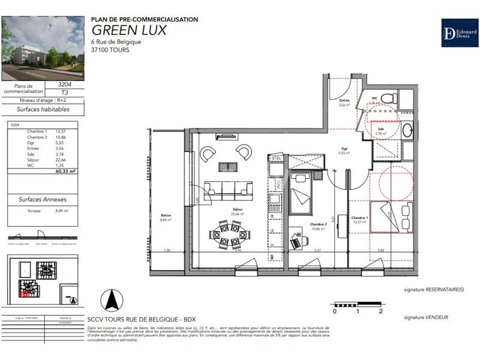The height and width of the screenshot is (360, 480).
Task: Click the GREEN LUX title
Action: [128, 30]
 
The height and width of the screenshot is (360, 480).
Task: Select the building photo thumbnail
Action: [43, 48]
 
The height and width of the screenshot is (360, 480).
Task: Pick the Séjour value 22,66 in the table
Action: [60, 160]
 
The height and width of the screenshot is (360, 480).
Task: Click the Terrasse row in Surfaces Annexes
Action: [42, 211]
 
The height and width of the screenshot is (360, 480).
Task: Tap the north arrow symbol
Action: [110, 296]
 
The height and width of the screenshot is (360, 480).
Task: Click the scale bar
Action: [358, 305]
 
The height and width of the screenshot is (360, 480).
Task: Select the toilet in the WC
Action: [388, 98]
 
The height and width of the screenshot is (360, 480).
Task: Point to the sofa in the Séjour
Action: [227, 190]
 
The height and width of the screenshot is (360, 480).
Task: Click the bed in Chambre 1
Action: [392, 216]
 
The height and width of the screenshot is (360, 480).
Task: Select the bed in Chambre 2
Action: [299, 194]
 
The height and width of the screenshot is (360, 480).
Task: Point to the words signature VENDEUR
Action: [425, 317]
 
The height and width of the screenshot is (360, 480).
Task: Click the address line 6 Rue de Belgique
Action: [116, 41]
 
